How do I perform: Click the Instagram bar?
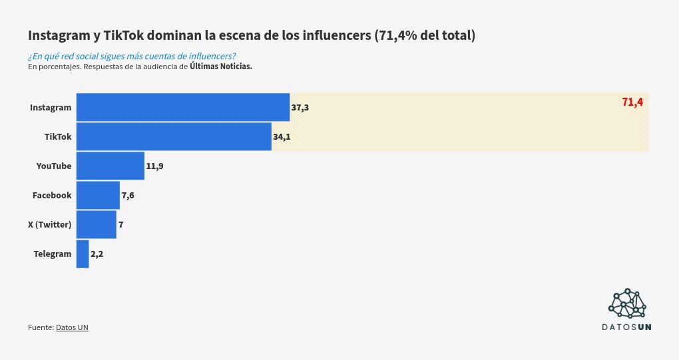[183, 107]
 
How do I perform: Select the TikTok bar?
[174, 136]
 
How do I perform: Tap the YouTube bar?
[111, 166]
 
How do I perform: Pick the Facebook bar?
[98, 195]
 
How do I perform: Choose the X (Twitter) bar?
[97, 224]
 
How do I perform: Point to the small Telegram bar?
[83, 254]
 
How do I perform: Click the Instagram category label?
[51, 108]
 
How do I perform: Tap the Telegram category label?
[53, 254]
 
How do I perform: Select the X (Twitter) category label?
[49, 225]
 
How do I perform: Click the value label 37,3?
[300, 108]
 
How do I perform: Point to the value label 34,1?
[282, 137]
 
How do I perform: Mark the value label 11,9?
[154, 166]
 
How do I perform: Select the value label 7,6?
[128, 196]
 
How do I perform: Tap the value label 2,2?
[97, 254]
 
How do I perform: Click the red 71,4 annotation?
[632, 102]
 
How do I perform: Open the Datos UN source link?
[72, 327]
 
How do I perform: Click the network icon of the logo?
[627, 303]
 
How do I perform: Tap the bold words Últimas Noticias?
[221, 67]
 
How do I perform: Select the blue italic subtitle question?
[132, 56]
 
